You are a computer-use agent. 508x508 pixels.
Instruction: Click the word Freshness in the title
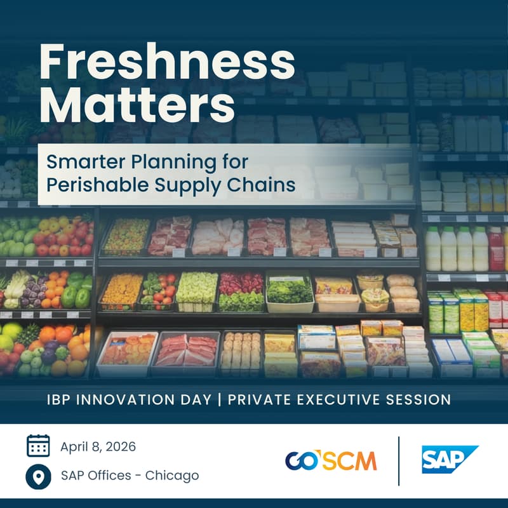click(x=166, y=63)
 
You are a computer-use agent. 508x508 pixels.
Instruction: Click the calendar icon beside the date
click(x=38, y=446)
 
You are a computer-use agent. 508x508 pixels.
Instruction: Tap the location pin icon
click(x=38, y=476)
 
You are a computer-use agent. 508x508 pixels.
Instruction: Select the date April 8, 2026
click(x=98, y=446)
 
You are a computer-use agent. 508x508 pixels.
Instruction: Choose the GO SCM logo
click(x=330, y=460)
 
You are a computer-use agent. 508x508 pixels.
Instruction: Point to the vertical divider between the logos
click(x=399, y=460)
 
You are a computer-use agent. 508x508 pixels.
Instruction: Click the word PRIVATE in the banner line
click(x=258, y=399)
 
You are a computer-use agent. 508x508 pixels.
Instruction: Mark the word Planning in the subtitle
click(x=168, y=161)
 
